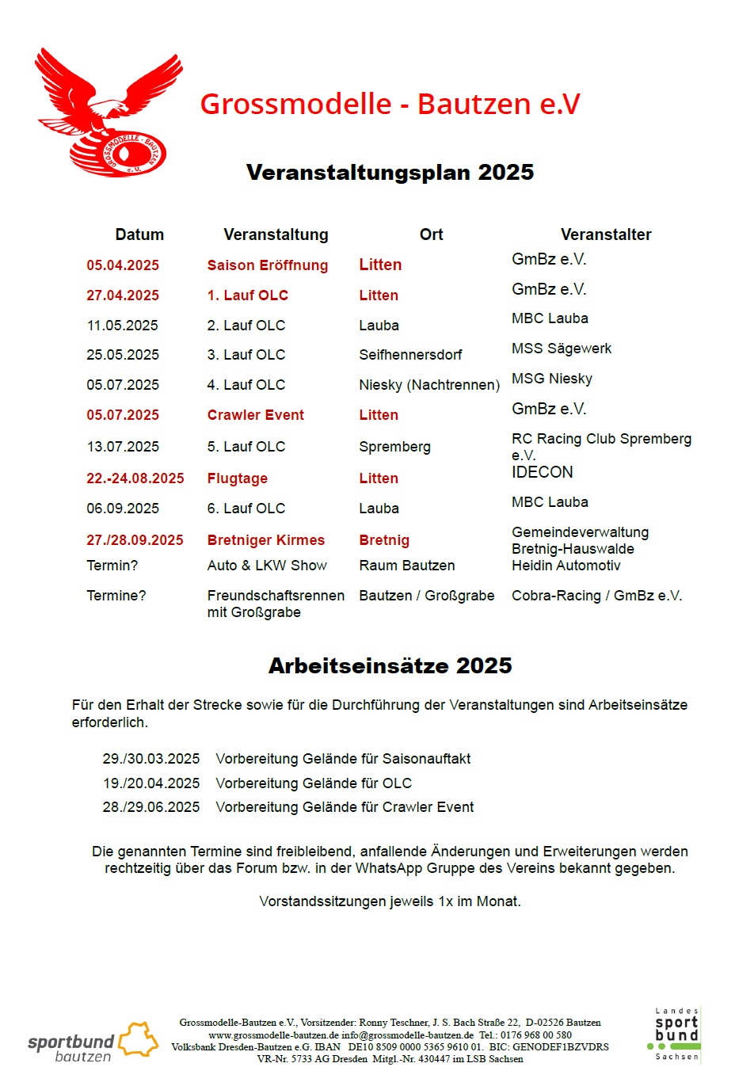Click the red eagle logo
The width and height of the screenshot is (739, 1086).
107,113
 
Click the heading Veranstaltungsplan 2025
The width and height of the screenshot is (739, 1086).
390,173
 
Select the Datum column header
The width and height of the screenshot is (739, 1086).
139,234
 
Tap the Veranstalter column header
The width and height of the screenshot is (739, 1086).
606,234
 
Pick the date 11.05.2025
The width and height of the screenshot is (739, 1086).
122,326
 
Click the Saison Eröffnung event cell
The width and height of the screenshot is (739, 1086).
267,265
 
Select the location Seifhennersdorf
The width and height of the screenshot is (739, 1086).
410,355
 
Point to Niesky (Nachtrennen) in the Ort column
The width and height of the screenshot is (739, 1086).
429,385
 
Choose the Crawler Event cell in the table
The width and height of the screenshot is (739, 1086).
255,415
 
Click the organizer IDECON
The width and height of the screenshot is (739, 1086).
542,472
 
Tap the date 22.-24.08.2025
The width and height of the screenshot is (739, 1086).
135,478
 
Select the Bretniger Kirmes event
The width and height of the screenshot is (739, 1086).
265,540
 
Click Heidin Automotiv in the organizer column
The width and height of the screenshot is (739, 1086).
566,566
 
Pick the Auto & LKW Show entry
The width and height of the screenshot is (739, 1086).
267,566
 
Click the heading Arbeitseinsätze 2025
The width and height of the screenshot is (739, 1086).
390,666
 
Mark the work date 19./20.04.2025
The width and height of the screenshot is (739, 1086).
150,783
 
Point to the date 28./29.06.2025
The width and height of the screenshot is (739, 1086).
150,807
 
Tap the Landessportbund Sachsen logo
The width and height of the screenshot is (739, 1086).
676,1035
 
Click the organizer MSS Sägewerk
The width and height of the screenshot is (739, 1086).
561,349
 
